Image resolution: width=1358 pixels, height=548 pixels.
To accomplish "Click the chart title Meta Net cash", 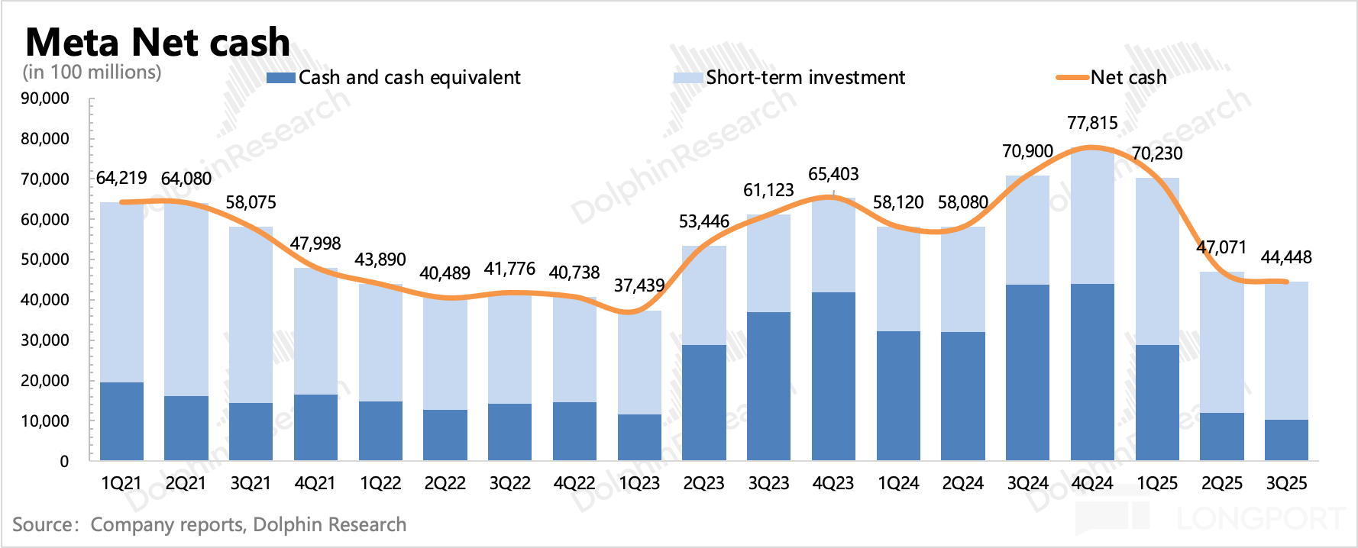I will pyautogui.click(x=157, y=42).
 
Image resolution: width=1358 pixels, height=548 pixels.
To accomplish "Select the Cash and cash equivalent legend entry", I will pyautogui.click(x=394, y=78).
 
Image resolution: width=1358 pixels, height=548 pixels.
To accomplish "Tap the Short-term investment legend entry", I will pyautogui.click(x=790, y=78).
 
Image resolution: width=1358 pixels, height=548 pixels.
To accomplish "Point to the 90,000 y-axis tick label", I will pyautogui.click(x=45, y=98).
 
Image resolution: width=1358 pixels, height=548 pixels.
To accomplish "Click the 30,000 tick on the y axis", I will pyautogui.click(x=45, y=340).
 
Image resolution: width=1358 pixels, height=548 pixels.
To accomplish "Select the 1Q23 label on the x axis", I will pyautogui.click(x=639, y=484).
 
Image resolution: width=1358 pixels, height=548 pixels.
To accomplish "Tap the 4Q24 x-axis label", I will pyautogui.click(x=1092, y=484).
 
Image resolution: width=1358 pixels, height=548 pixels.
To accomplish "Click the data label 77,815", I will pyautogui.click(x=1092, y=123).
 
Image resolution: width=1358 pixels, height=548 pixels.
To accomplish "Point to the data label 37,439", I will pyautogui.click(x=639, y=285).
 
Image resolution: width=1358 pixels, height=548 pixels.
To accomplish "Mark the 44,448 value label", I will pyautogui.click(x=1286, y=257).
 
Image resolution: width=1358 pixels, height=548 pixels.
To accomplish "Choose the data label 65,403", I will pyautogui.click(x=833, y=174).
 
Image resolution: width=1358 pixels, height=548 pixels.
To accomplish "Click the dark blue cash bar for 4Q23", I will pyautogui.click(x=833, y=376).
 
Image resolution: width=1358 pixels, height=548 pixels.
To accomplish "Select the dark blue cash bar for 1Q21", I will pyautogui.click(x=121, y=421).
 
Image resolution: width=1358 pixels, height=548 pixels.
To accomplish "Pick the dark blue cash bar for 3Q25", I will pyautogui.click(x=1286, y=440).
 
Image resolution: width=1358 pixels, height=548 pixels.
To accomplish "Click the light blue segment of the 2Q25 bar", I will pyautogui.click(x=1221, y=342).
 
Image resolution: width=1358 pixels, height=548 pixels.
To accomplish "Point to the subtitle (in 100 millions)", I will pyautogui.click(x=92, y=73).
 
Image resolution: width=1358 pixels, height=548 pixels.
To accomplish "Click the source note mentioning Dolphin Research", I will pyautogui.click(x=209, y=525).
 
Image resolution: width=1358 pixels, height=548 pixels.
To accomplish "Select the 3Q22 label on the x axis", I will pyautogui.click(x=510, y=484).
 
